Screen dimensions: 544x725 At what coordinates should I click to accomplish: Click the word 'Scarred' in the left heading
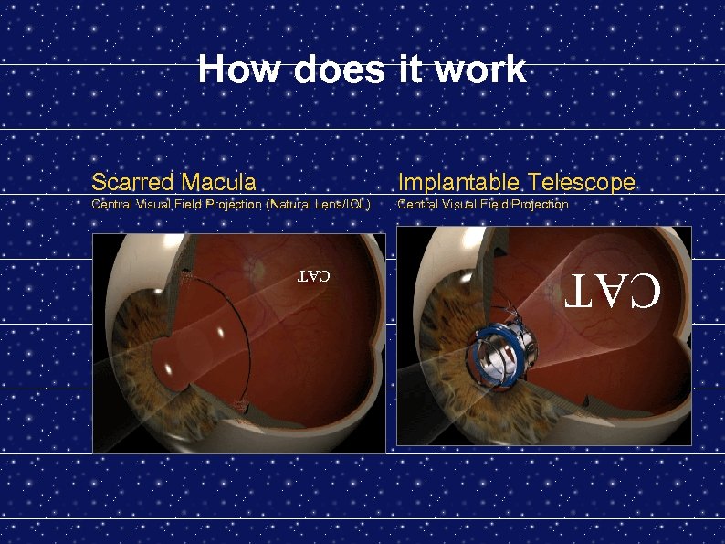[132, 182]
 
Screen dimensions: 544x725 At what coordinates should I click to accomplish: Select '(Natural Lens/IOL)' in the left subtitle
[318, 205]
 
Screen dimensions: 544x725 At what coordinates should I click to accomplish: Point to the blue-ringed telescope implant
[500, 354]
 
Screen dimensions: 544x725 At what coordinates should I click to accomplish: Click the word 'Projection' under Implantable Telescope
[538, 205]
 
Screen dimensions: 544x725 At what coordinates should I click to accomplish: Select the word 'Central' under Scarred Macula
[111, 205]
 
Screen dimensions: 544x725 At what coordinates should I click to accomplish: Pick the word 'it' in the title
[410, 69]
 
